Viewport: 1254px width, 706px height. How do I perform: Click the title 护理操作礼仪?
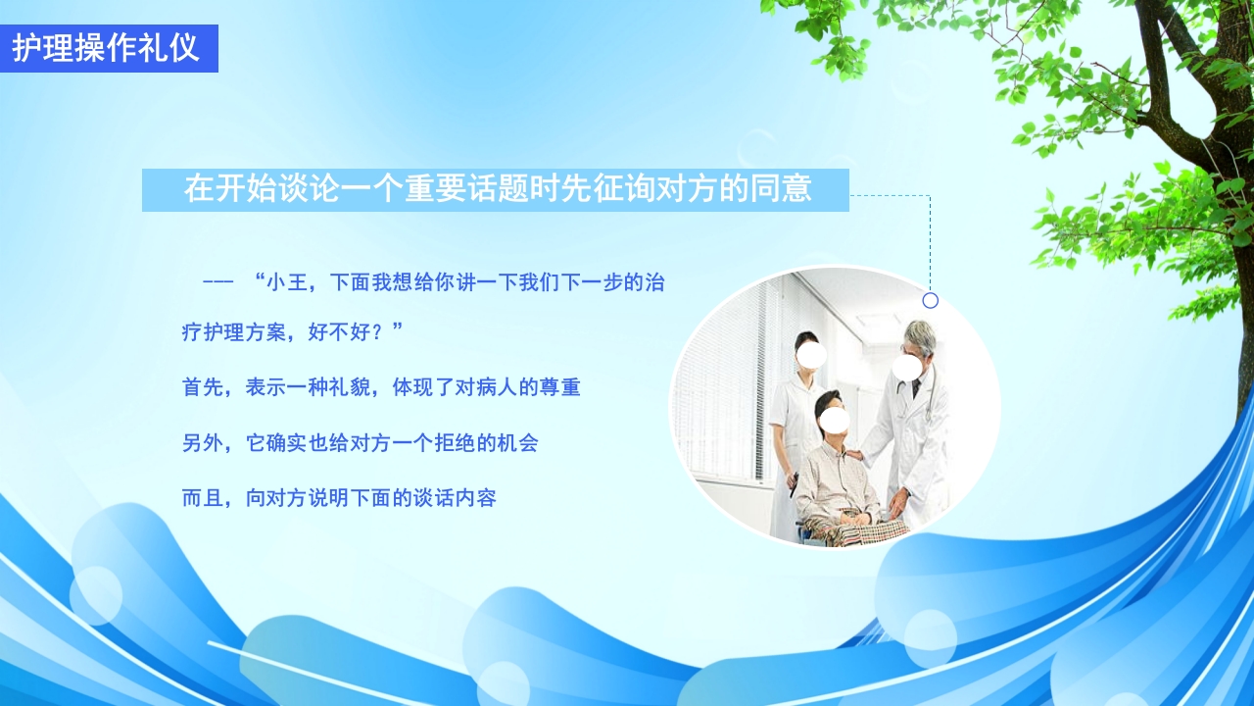coord(106,48)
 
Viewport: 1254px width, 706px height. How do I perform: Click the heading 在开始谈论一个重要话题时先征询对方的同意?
coord(498,189)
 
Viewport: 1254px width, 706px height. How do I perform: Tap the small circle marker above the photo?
coord(930,300)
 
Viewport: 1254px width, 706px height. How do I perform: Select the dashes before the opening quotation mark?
coord(217,282)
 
